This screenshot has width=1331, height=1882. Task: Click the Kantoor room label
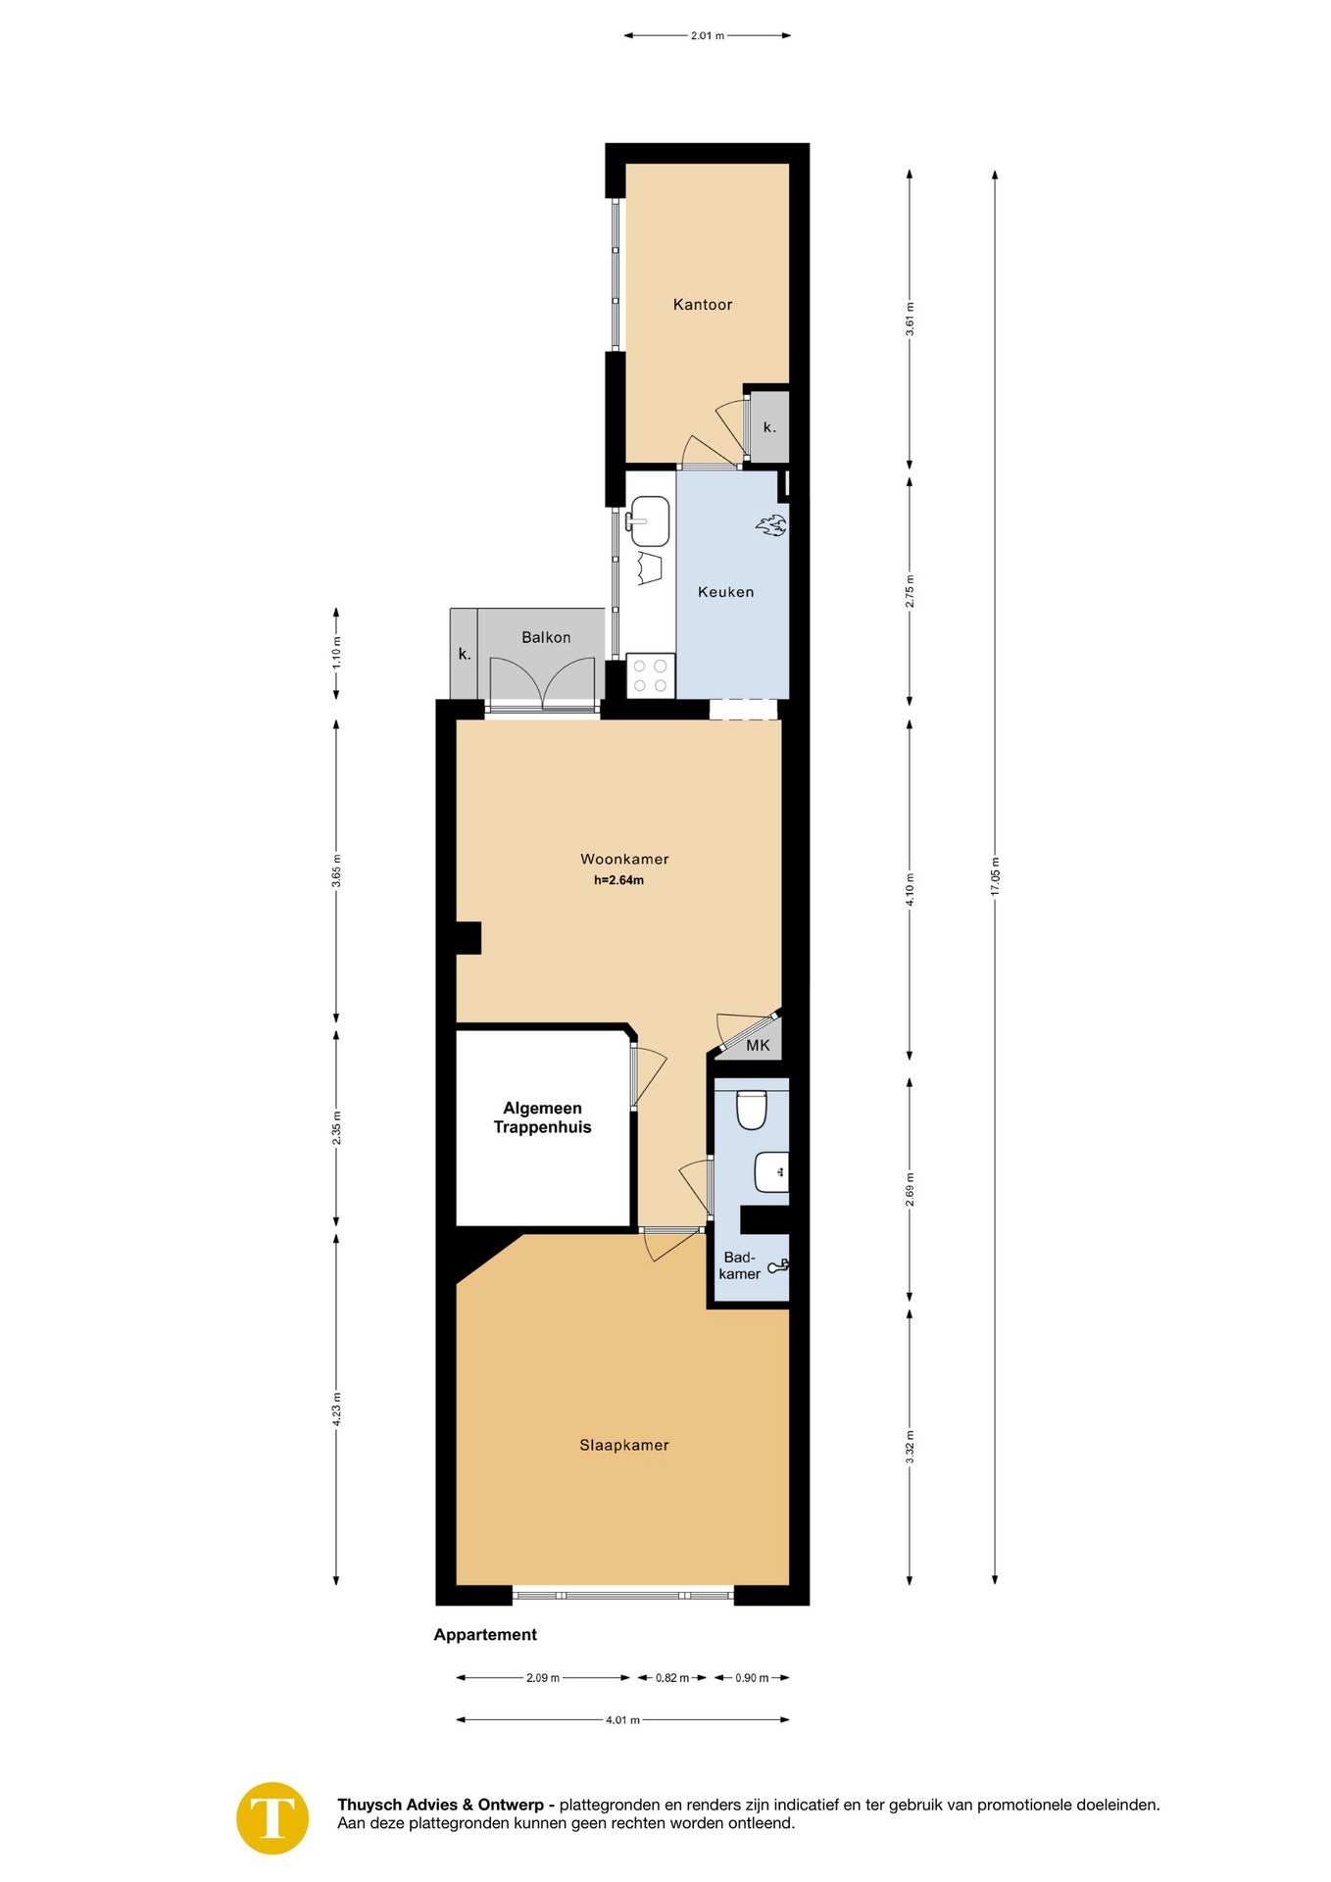click(703, 305)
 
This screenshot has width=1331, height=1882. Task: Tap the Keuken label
click(726, 592)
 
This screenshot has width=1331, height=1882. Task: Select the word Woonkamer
click(624, 860)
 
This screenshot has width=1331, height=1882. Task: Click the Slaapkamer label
click(624, 1445)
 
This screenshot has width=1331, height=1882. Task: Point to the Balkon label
click(546, 637)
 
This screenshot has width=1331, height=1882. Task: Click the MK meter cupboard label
click(758, 1046)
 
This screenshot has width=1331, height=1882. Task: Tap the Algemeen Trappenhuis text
click(542, 1117)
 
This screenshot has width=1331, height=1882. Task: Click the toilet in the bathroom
click(751, 1110)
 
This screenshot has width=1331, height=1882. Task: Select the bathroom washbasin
click(771, 1171)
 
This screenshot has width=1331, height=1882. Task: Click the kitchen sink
click(649, 521)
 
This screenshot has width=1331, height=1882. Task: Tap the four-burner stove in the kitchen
click(651, 676)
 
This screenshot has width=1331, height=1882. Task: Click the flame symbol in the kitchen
click(771, 525)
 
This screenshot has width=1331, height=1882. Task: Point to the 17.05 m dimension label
click(995, 875)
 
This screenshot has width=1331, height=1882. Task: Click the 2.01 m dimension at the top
click(708, 35)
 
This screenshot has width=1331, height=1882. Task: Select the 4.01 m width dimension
click(622, 1719)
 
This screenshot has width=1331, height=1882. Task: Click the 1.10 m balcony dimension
click(336, 653)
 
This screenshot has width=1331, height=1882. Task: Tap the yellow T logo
click(272, 1818)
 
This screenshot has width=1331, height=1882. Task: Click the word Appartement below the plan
click(485, 1635)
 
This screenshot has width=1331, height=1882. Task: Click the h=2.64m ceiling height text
click(618, 880)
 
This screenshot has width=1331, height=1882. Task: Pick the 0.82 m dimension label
click(672, 1678)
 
